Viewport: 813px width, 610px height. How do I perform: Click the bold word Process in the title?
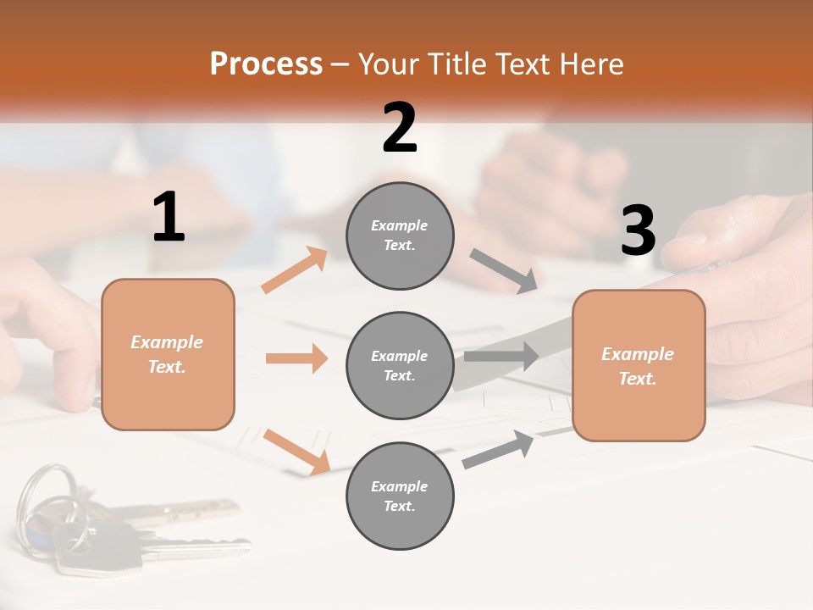click(x=266, y=64)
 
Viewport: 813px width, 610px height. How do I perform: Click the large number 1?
click(x=169, y=218)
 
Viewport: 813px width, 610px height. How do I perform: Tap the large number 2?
click(x=400, y=128)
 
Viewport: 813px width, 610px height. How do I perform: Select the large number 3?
click(x=638, y=231)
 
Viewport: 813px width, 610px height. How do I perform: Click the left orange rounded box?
click(x=168, y=354)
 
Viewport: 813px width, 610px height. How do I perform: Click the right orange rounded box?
click(x=639, y=365)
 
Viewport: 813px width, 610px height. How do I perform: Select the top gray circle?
click(x=400, y=236)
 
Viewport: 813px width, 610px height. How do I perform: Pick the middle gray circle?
click(x=400, y=365)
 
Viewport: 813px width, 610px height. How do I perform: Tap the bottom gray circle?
click(x=400, y=496)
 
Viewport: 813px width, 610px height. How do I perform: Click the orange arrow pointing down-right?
click(x=296, y=452)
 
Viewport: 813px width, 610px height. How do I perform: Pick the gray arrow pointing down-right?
click(x=503, y=271)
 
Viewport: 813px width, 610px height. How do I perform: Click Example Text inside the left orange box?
click(x=168, y=354)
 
